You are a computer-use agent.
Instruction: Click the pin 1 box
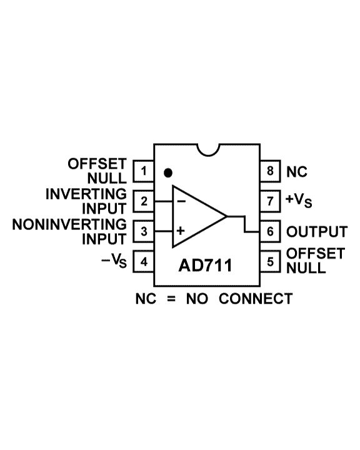143,171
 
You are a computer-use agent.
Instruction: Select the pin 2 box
143,201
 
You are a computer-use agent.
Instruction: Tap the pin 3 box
143,232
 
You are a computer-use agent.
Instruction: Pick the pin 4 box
143,262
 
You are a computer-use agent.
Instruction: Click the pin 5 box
270,262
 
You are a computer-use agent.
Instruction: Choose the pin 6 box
270,232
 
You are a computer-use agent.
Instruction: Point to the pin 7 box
270,201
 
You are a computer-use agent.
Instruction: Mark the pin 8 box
270,171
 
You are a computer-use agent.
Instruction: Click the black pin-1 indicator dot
168,172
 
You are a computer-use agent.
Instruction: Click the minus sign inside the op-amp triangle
181,201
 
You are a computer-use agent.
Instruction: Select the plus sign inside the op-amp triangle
181,231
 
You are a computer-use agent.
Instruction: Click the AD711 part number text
205,265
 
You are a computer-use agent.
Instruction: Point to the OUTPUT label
317,232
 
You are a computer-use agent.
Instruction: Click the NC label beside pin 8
297,172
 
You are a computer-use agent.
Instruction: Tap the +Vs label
299,200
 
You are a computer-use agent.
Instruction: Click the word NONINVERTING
69,224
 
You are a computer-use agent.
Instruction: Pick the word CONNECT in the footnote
256,299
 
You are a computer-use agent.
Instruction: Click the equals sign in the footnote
171,299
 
